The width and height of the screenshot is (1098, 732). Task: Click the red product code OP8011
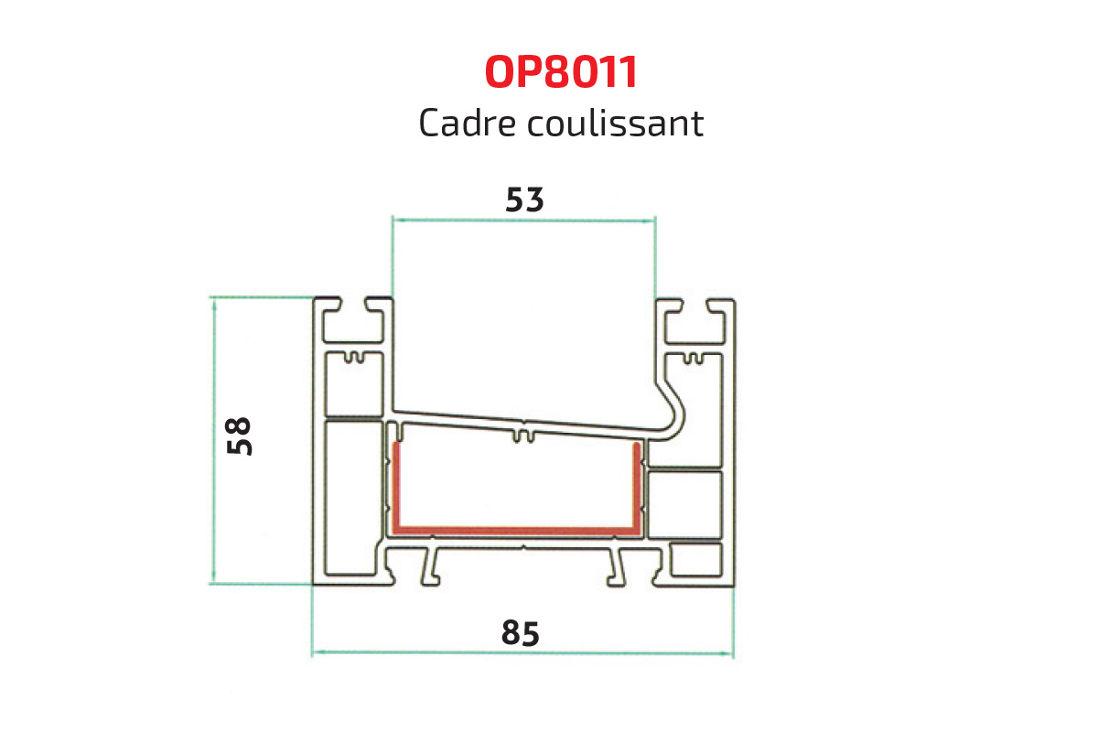point(560,73)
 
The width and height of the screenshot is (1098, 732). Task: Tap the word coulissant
point(616,123)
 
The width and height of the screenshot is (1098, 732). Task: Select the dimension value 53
point(524,200)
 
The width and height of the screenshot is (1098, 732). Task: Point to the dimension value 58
point(240,436)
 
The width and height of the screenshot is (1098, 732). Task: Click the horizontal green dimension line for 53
point(523,220)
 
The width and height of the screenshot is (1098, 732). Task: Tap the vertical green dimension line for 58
point(214,439)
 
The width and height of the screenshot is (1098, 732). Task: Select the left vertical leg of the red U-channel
point(396,485)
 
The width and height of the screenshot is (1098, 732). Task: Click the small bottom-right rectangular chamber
point(695,561)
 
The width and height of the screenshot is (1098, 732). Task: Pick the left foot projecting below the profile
point(429,569)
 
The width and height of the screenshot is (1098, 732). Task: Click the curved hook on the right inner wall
point(675,412)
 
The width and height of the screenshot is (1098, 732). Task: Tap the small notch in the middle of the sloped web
point(522,434)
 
